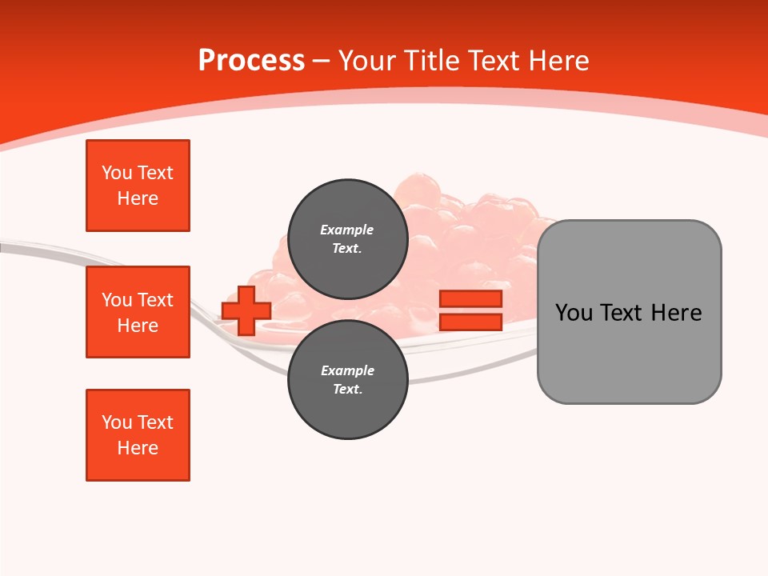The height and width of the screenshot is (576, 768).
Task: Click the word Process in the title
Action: (x=251, y=61)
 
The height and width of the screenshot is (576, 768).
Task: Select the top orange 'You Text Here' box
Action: (x=138, y=186)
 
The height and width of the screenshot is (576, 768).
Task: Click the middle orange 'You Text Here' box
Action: (x=138, y=312)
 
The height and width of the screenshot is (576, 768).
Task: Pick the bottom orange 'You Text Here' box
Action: (x=138, y=435)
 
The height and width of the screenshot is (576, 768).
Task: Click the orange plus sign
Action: (x=246, y=310)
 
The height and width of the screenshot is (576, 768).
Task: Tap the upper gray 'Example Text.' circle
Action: (x=347, y=238)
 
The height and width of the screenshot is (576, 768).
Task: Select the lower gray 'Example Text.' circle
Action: (x=347, y=379)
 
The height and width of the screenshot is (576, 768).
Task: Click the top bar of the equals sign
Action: (x=470, y=299)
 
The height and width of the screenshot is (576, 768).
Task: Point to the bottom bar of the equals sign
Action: (x=470, y=322)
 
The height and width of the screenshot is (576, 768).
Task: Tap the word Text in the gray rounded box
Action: (x=626, y=313)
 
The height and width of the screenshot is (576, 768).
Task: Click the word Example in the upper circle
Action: (x=346, y=230)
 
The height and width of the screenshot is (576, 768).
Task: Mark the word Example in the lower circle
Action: (x=346, y=370)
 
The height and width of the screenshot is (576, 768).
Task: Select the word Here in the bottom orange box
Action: (x=138, y=448)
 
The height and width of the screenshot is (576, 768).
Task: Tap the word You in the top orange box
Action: (x=117, y=173)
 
